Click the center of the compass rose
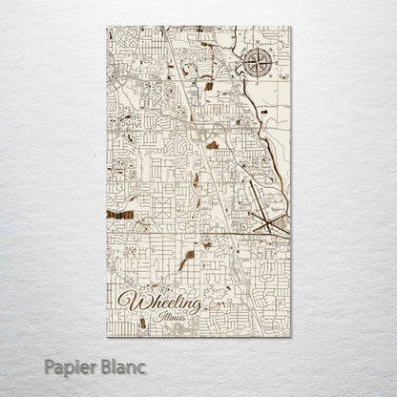tap(257, 65)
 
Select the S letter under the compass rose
tap(257, 83)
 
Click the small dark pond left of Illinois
tap(142, 323)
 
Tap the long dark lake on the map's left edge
tap(120, 216)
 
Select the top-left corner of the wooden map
tap(108, 28)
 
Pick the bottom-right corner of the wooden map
tap(290, 336)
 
